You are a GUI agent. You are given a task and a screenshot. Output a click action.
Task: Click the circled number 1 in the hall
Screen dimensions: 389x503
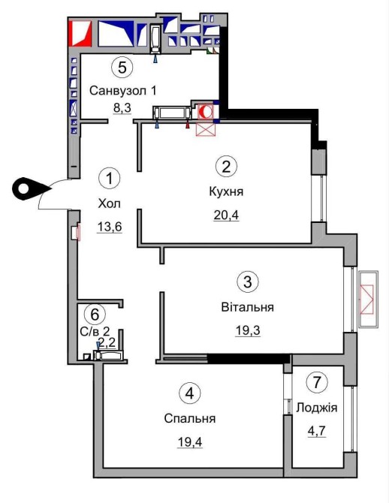click(x=110, y=178)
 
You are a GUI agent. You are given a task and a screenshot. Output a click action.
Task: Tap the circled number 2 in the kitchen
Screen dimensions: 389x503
click(x=226, y=167)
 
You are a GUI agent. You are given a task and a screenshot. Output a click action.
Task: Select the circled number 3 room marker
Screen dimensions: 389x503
click(x=248, y=282)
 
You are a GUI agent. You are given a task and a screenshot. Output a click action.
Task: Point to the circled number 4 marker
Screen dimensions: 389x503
click(x=190, y=393)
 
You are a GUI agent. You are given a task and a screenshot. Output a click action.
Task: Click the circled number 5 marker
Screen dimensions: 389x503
click(x=122, y=68)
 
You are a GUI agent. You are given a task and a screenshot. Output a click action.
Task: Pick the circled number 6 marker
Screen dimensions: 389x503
click(x=95, y=315)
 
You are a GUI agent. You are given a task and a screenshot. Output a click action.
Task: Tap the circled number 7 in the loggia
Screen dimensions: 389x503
click(x=317, y=382)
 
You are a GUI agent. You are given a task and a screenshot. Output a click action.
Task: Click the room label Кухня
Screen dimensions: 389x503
click(x=226, y=192)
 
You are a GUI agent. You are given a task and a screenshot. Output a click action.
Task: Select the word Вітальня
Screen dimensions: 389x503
click(x=248, y=307)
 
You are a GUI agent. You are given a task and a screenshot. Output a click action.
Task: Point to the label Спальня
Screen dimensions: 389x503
click(x=190, y=419)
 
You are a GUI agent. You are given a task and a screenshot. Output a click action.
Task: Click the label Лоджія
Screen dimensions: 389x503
click(x=317, y=408)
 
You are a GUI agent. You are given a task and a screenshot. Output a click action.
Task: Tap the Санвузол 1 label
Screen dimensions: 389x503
click(x=123, y=91)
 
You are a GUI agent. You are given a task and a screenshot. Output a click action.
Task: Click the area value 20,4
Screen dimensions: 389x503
click(x=226, y=215)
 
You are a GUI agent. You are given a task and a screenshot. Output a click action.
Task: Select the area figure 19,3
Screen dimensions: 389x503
click(x=248, y=330)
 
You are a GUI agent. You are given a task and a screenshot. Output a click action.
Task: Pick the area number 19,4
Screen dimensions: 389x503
click(x=190, y=442)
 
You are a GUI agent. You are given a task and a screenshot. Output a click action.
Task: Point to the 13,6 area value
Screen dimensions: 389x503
click(x=110, y=227)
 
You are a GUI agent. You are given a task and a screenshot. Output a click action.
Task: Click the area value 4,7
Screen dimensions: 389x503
click(x=317, y=430)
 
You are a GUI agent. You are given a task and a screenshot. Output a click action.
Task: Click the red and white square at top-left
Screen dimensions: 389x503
click(x=80, y=33)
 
